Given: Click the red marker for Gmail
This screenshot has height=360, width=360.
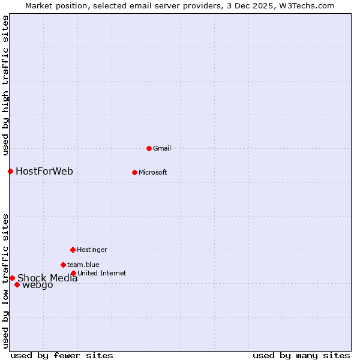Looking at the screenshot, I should click(149, 148).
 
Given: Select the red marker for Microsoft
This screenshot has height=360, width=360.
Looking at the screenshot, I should click(134, 172).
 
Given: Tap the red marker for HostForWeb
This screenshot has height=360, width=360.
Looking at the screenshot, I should click(10, 172).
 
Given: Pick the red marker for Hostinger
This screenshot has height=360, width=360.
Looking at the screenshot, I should click(73, 250).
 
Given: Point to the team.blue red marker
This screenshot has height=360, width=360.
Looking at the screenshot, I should click(63, 265).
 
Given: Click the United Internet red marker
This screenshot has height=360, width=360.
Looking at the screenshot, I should click(73, 273).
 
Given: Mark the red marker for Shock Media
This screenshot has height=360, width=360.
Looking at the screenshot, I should click(12, 278).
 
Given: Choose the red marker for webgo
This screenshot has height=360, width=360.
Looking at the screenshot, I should click(17, 284).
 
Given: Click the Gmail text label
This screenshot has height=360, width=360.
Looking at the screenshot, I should click(162, 148).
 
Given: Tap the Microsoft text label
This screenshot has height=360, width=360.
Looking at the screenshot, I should click(152, 173).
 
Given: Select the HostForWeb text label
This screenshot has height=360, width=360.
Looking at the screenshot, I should click(44, 172).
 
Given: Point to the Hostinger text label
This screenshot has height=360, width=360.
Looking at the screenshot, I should click(92, 250).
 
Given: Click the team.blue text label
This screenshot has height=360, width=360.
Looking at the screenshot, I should click(83, 265).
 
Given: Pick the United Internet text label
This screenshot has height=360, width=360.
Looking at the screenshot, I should click(101, 273).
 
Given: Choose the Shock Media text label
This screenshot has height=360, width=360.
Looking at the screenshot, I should click(47, 278).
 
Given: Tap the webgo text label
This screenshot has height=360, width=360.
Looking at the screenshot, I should click(37, 285).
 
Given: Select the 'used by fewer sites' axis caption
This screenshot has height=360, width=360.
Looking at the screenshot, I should click(62, 355).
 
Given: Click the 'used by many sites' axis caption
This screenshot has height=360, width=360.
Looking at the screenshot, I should click(301, 355).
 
